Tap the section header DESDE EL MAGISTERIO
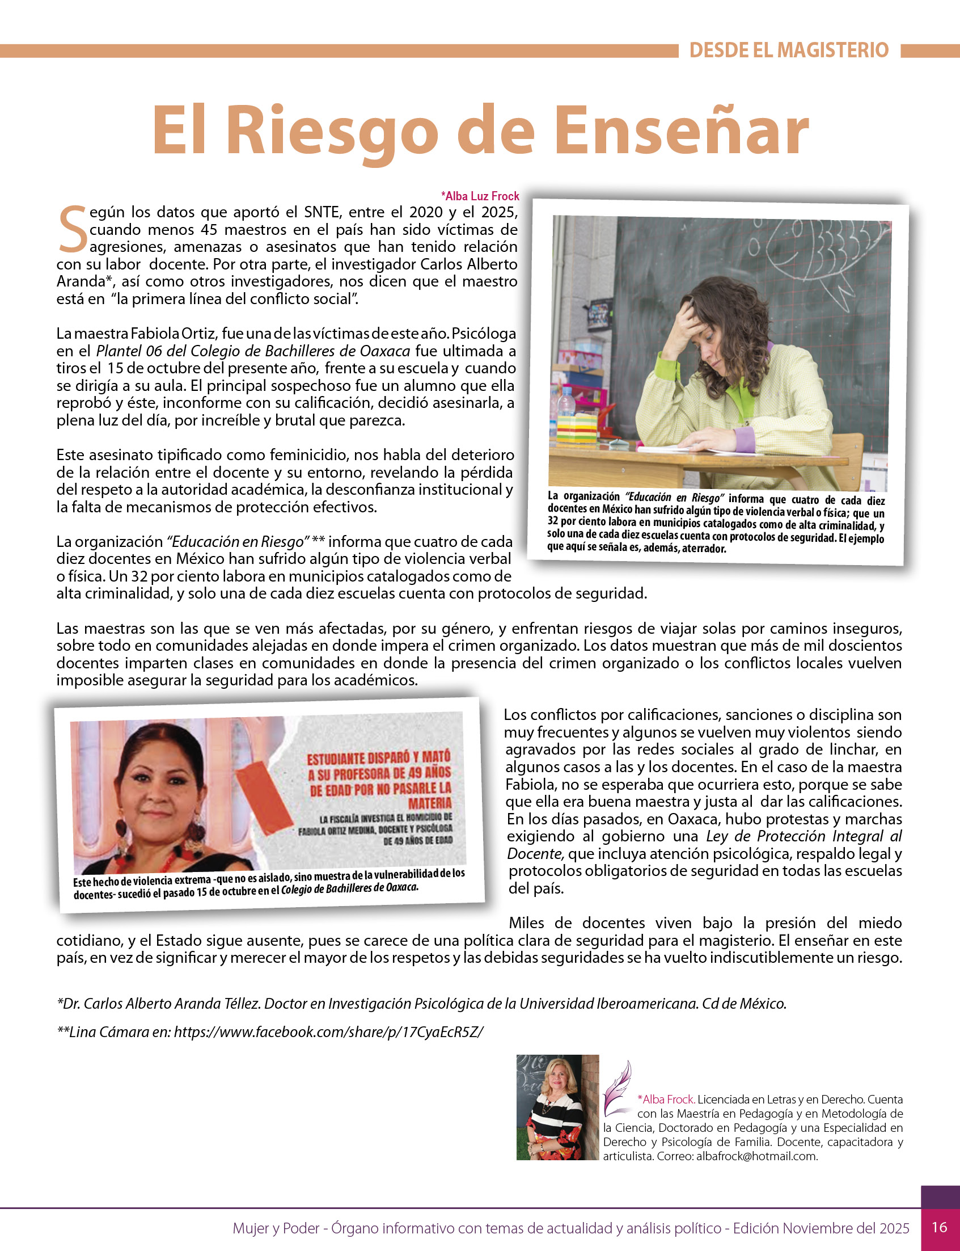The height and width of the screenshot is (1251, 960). pos(789,50)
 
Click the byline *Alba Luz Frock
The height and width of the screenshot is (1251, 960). pos(479,196)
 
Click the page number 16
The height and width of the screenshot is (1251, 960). pos(940,1227)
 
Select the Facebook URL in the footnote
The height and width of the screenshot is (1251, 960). pos(328,1031)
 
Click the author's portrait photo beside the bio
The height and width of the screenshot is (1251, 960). pos(557,1107)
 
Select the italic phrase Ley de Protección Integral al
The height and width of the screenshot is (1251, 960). pos(804,836)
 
